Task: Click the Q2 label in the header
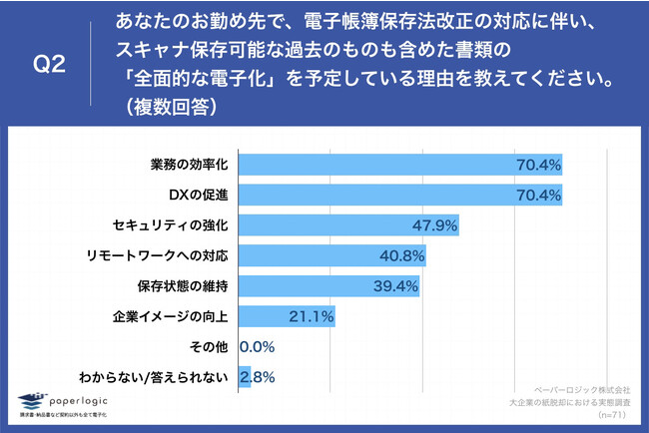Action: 50,65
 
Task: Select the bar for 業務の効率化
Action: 399,163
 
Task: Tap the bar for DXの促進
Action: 399,194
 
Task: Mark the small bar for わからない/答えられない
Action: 244,378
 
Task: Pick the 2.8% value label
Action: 258,378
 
